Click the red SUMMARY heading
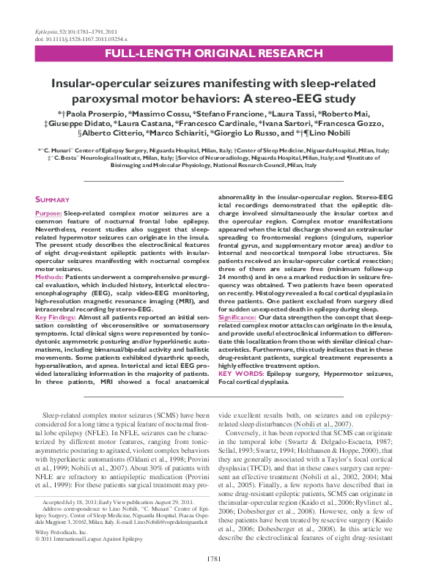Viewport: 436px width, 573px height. [x=54, y=199]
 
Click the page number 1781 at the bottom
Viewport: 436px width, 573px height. [x=218, y=559]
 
